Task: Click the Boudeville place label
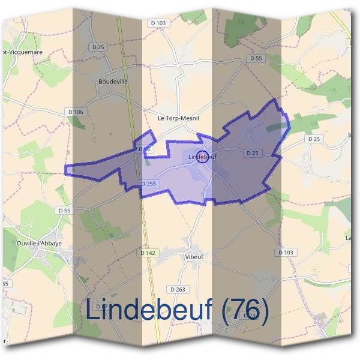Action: [x=113, y=82]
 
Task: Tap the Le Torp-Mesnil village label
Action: [x=178, y=118]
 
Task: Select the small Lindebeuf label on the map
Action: [x=202, y=157]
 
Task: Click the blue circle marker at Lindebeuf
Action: [x=202, y=155]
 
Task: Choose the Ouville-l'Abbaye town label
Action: [x=40, y=244]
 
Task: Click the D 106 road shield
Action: [x=76, y=112]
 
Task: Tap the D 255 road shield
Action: [x=149, y=183]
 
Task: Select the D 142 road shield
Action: [x=148, y=253]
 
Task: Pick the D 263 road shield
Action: [x=178, y=289]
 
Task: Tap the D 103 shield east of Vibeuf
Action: [x=287, y=253]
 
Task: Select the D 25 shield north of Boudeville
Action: [x=99, y=46]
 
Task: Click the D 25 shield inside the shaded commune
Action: [x=252, y=154]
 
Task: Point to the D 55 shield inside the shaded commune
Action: [x=143, y=149]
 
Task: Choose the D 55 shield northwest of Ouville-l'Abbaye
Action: [x=65, y=210]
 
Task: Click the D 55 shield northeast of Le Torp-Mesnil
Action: [x=256, y=58]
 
